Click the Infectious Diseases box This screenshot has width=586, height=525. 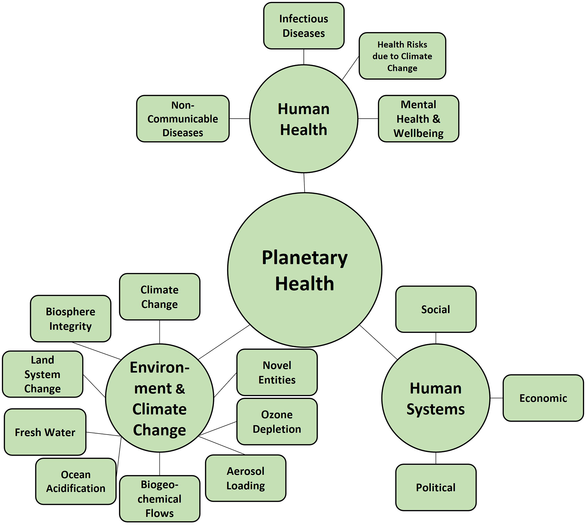303,26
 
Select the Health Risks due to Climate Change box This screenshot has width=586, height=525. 402,56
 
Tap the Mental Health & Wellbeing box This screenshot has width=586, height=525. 418,119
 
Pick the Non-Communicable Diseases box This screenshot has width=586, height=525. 183,119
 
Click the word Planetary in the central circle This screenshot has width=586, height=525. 304,258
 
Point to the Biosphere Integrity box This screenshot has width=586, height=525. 70,319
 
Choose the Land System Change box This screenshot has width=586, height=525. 42,374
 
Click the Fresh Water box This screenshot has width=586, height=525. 45,432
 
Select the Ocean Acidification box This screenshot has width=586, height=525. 76,481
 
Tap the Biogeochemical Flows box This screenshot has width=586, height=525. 159,499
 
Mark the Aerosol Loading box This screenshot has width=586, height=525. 246,478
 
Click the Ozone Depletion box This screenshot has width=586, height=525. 277,421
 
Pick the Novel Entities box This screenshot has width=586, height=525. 277,372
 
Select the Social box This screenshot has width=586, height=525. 435,309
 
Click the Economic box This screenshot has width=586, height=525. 543,398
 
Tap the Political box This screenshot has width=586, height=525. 435,487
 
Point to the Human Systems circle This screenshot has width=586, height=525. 435,398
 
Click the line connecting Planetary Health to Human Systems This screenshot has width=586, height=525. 378,342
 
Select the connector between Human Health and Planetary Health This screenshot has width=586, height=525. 304,183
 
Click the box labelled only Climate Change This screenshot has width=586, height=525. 159,297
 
